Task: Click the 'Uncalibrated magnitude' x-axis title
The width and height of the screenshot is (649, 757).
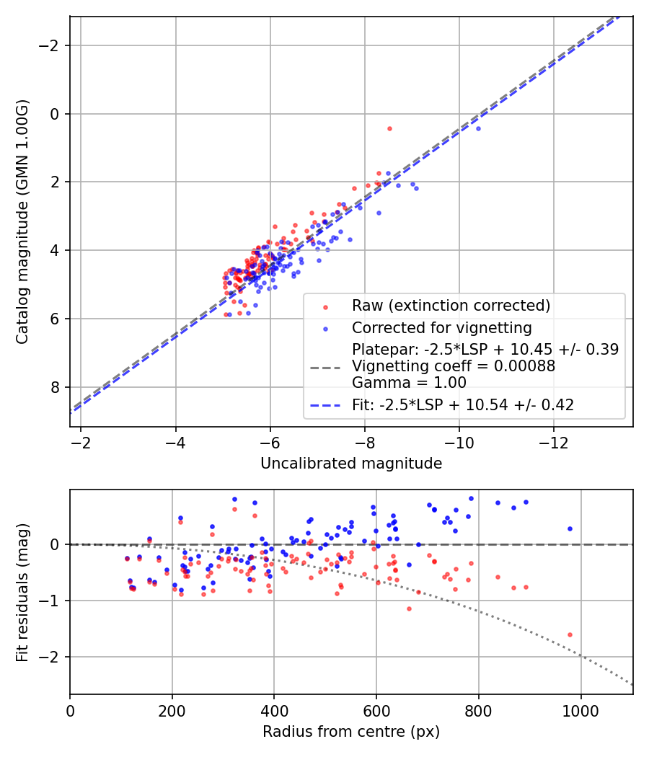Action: (351, 464)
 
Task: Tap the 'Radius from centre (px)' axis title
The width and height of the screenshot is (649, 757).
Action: (351, 732)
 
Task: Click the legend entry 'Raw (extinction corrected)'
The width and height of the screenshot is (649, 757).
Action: (451, 306)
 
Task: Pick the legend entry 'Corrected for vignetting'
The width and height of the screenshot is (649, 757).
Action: (441, 328)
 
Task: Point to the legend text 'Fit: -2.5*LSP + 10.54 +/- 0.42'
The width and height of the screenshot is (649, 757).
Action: (463, 405)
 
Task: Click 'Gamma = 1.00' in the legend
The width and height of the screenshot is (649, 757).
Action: (409, 383)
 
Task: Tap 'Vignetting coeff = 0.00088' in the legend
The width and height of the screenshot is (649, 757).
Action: (454, 366)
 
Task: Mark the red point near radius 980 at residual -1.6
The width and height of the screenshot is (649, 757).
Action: (570, 634)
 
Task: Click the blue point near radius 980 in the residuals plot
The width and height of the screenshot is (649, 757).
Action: (570, 528)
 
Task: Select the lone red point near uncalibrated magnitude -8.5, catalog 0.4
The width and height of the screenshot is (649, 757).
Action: (389, 128)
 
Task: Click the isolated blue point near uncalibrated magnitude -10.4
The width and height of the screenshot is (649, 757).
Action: (477, 128)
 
